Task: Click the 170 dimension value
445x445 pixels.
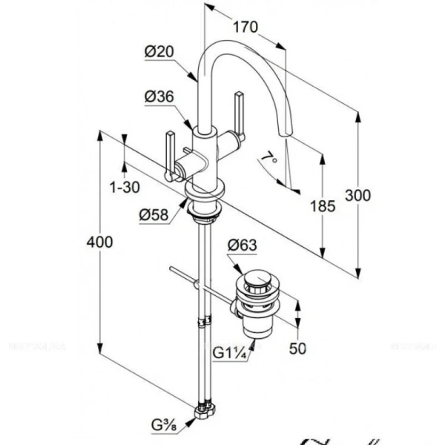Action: coord(245,28)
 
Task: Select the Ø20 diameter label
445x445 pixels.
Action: coord(159,51)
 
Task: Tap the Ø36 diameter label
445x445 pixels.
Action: coord(159,96)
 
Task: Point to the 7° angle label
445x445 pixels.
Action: coord(268,158)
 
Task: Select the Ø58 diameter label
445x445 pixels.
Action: coord(154,215)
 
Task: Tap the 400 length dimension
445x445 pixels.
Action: coord(99,242)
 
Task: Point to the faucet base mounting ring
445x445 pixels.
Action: coord(205,212)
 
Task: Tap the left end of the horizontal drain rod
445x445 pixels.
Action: coord(172,268)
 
